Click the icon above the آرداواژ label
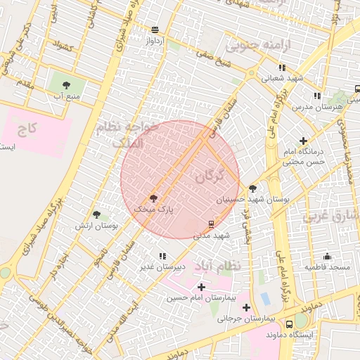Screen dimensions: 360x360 (x=155, y=30)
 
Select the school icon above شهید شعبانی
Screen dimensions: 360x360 (x=281, y=67)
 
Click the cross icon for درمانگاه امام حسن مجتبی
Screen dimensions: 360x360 (x=303, y=141)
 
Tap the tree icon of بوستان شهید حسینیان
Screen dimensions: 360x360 (x=252, y=188)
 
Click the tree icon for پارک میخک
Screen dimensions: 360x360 (x=153, y=198)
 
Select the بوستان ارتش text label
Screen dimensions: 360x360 (x=98, y=226)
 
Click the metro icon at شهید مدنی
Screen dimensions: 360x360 (x=211, y=224)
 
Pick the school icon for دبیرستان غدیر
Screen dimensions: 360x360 (x=162, y=256)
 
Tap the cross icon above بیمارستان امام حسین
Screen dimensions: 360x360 (x=202, y=287)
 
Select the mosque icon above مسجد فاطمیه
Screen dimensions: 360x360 (x=327, y=257)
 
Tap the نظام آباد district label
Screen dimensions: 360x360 (x=235, y=266)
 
